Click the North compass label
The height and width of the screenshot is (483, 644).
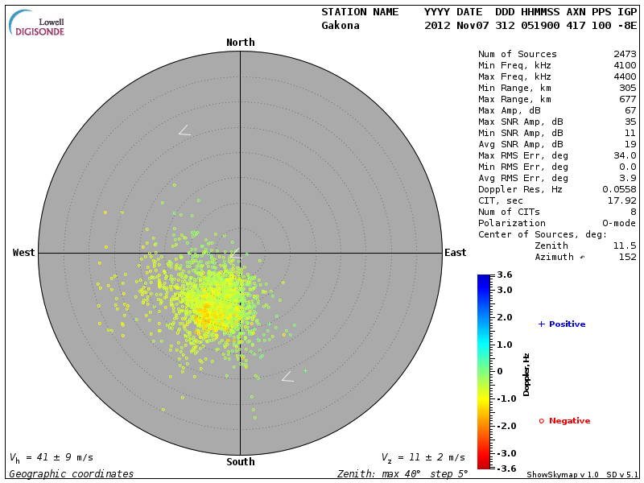point(240,43)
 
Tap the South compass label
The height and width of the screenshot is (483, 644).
point(240,462)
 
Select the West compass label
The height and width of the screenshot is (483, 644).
point(24,253)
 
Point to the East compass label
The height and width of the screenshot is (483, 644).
point(455,253)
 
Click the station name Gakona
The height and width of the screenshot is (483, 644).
point(341,26)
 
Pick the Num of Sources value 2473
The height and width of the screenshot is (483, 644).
point(625,55)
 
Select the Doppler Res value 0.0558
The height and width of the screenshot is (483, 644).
point(620,189)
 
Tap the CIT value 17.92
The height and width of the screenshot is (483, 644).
point(622,200)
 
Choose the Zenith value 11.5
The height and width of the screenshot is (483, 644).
point(625,246)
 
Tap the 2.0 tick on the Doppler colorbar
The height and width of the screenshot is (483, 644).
point(505,318)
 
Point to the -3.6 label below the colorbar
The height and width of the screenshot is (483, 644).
point(504,469)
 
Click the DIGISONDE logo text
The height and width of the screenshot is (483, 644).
point(39,31)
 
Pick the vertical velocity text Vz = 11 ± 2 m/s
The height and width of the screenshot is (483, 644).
point(423,458)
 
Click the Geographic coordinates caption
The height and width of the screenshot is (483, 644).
point(72,474)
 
